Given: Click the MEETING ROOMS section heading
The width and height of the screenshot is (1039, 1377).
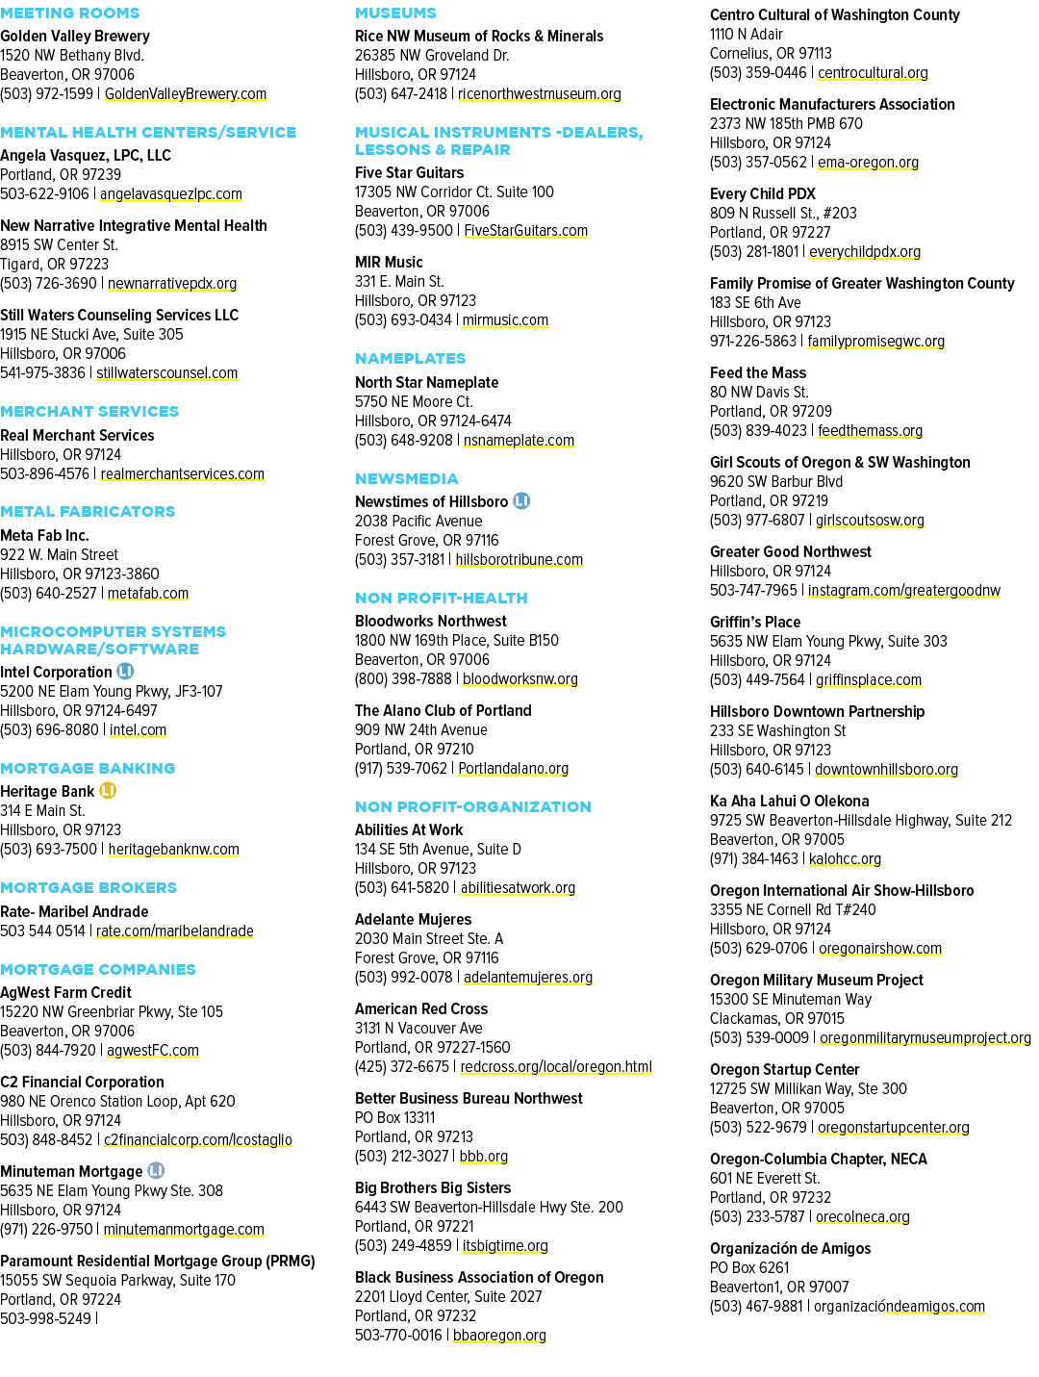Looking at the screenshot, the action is tap(70, 13).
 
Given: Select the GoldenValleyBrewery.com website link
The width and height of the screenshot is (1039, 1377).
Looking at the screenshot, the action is tap(186, 94).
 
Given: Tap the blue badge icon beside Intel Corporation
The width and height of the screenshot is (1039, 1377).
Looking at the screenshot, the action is tap(125, 672).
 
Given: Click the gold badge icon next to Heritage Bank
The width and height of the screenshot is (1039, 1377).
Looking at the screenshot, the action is tap(109, 790).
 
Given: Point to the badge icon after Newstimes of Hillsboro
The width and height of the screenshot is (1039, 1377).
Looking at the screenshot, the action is tap(521, 501).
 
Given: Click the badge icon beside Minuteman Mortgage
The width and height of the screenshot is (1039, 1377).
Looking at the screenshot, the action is tap(156, 1171).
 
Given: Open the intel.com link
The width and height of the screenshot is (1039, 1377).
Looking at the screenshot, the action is tap(138, 730).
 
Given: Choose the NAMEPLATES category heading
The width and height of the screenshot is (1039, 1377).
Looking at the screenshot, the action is tap(410, 359).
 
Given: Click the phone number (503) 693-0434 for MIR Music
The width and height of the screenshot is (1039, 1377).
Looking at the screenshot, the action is tap(403, 320).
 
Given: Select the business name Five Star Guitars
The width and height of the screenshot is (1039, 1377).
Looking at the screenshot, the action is tap(410, 172).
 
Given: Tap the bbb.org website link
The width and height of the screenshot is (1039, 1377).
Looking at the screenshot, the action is tap(484, 1157).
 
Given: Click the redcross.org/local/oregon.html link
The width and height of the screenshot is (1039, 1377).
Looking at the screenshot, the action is tap(556, 1066).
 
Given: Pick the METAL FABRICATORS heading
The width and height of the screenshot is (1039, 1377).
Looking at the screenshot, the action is tap(88, 512).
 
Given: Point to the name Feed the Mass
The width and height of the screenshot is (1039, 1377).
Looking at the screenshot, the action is tap(758, 372).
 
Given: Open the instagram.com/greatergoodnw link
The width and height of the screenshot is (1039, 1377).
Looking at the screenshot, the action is tap(904, 590).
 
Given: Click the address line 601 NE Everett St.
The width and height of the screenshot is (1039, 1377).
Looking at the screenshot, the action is tap(765, 1178).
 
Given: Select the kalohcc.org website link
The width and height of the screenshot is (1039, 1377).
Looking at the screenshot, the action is tap(846, 859).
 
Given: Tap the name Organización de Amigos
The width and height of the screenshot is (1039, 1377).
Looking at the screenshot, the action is tap(790, 1248).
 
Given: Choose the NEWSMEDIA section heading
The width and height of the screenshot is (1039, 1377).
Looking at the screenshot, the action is tap(406, 479).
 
